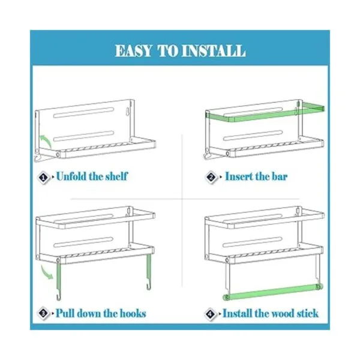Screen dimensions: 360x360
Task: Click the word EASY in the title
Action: click(x=133, y=51)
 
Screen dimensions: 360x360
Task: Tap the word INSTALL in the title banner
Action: click(x=214, y=51)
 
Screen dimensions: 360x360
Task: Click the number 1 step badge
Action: click(x=43, y=178)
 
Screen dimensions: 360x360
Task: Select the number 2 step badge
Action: click(x=211, y=177)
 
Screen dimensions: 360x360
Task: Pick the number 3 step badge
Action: click(x=43, y=313)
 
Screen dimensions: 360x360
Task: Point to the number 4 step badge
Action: click(x=211, y=314)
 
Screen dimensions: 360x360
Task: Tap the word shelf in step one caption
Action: click(x=116, y=176)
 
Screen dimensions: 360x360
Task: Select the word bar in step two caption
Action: click(x=280, y=176)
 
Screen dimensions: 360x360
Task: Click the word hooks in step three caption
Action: click(x=133, y=313)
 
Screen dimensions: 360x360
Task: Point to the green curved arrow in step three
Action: click(x=47, y=272)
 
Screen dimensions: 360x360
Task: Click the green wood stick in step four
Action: click(x=273, y=292)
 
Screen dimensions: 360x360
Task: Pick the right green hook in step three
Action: click(x=149, y=271)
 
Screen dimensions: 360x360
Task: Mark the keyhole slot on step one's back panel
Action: click(x=127, y=112)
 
